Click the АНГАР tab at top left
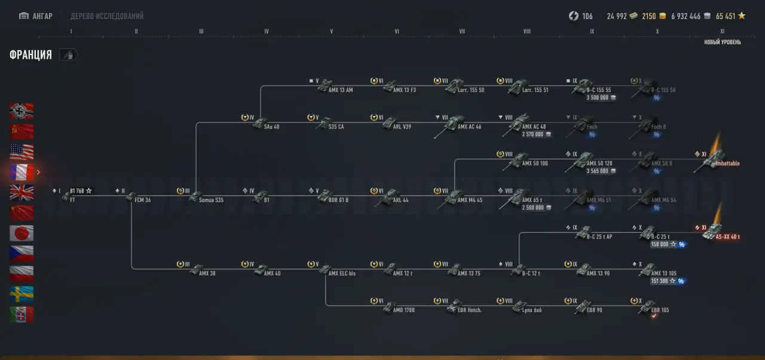coord(36,16)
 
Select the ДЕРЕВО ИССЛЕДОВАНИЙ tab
coord(107,16)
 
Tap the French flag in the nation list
coord(22,172)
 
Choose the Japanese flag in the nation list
coord(22,233)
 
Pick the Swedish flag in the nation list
coord(22,294)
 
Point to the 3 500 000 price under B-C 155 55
coord(601,97)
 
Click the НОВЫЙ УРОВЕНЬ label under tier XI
coord(723,42)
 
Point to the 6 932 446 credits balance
coord(686,16)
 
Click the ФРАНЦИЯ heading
coord(30,55)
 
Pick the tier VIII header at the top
coord(527,32)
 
